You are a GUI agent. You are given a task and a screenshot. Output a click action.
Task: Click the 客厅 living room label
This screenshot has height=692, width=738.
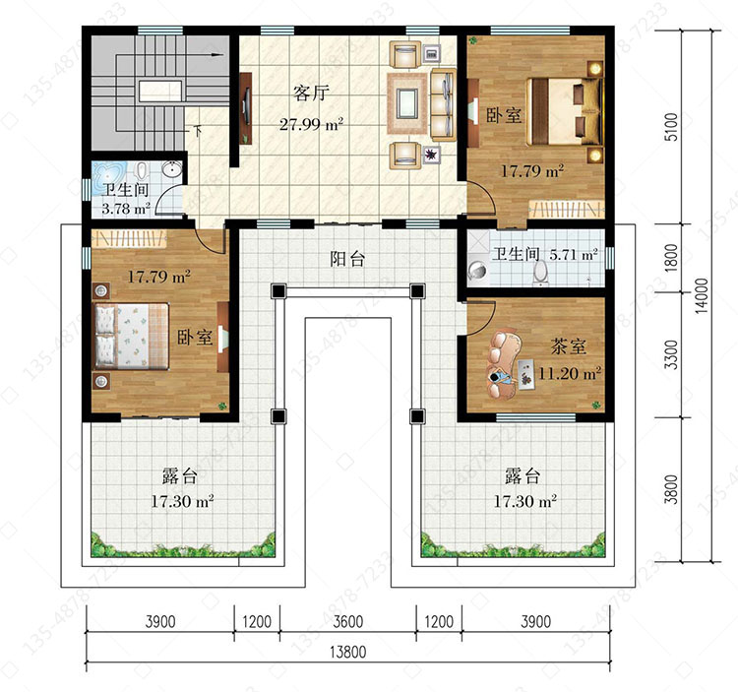click(310, 93)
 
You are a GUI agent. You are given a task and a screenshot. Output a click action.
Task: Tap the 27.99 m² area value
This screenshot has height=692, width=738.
click(311, 124)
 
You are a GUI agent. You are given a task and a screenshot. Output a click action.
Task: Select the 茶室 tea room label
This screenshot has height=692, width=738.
click(569, 346)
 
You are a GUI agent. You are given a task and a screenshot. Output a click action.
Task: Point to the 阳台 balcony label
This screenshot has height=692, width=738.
click(347, 259)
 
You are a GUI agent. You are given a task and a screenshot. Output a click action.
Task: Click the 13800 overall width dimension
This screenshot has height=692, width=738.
click(347, 652)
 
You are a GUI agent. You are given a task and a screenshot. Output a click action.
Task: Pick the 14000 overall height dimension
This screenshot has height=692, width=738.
click(702, 296)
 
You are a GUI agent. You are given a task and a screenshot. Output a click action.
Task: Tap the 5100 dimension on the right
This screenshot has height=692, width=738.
click(672, 127)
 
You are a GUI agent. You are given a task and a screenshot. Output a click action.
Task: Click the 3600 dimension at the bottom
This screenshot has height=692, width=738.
click(347, 621)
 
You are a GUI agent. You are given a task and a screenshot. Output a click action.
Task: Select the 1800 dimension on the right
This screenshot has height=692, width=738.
click(672, 257)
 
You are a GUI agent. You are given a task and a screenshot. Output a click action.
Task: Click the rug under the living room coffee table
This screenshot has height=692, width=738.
click(407, 103)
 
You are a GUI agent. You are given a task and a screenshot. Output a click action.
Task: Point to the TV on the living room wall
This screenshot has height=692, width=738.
click(246, 107)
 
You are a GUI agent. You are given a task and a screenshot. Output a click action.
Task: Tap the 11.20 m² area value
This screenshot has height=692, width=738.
click(570, 373)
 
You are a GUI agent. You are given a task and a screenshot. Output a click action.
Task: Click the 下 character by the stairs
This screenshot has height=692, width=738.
click(198, 130)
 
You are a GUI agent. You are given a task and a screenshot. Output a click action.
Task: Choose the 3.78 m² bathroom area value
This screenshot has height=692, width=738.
click(126, 208)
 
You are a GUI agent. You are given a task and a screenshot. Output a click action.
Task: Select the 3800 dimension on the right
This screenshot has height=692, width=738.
click(672, 489)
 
